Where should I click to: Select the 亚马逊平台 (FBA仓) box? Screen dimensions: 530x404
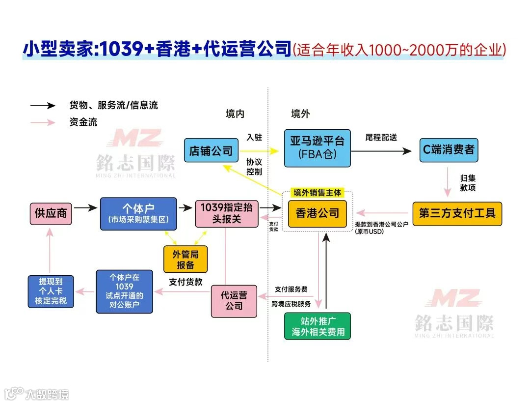(x=318, y=147)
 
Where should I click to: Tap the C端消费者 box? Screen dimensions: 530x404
(x=449, y=149)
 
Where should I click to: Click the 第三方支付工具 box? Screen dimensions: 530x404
(x=457, y=213)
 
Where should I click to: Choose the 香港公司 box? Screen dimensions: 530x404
(x=318, y=213)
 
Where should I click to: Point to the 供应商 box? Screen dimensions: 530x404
(x=51, y=213)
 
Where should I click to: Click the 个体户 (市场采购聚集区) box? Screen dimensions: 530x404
(x=138, y=213)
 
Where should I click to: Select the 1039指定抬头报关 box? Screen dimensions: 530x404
(x=226, y=213)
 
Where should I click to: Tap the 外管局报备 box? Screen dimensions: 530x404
(x=185, y=259)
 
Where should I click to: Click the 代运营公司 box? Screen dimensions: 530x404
(x=234, y=301)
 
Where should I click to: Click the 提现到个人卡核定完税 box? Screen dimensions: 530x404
(x=51, y=291)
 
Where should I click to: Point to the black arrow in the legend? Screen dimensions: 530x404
(x=43, y=106)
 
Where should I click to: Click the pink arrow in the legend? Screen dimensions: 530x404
(x=43, y=122)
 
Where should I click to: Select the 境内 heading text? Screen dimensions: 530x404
(x=235, y=114)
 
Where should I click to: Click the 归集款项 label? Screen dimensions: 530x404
(x=467, y=183)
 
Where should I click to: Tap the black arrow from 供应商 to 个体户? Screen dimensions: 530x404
(x=85, y=208)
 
